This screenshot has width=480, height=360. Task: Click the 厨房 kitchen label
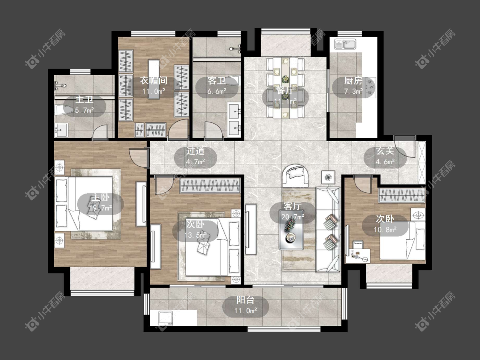pyautogui.click(x=353, y=81)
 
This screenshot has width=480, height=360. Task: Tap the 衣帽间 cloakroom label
pyautogui.click(x=154, y=81)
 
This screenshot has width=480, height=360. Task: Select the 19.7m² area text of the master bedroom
pyautogui.click(x=100, y=208)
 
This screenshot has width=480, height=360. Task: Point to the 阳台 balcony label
pyautogui.click(x=245, y=300)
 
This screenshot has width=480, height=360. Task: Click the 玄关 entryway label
pyautogui.click(x=385, y=151)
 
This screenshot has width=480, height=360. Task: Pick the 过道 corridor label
pyautogui.click(x=195, y=151)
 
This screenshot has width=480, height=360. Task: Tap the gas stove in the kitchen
pyautogui.click(x=371, y=87)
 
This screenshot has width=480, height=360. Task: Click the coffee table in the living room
pyautogui.click(x=291, y=229)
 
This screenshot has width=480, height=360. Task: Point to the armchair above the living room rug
pyautogui.click(x=295, y=176)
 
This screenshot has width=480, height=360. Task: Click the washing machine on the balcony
pyautogui.click(x=166, y=318)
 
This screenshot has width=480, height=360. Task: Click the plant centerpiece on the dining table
pyautogui.click(x=285, y=79)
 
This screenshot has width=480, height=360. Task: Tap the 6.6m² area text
pyautogui.click(x=217, y=91)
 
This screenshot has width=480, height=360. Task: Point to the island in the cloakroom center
pyautogui.click(x=154, y=79)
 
